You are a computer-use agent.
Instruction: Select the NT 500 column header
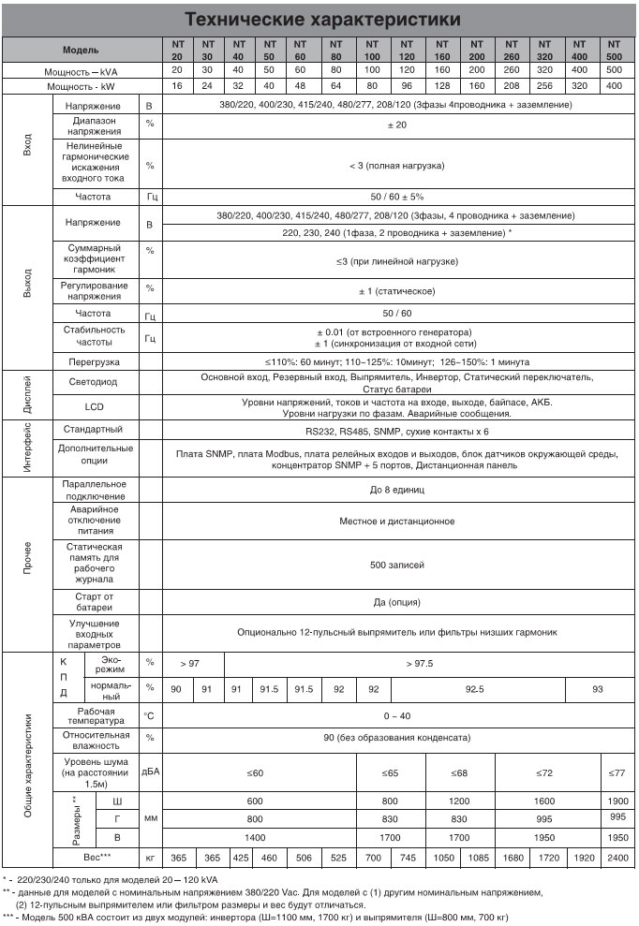tap(614, 49)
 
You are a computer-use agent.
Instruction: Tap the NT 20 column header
tap(177, 49)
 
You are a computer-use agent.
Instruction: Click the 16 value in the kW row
tap(177, 86)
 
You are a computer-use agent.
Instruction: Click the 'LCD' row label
tap(94, 407)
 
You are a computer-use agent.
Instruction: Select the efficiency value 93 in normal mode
tap(598, 689)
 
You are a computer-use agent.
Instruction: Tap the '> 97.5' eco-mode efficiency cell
tap(419, 663)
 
